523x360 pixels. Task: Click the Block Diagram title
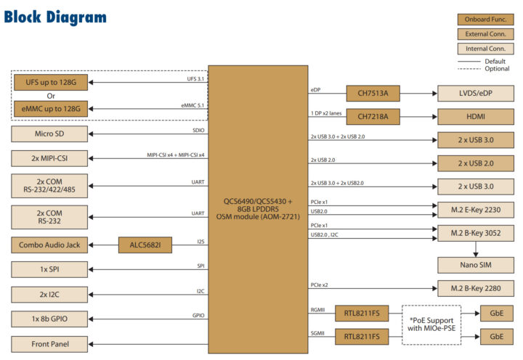55,17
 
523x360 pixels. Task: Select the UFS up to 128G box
50,83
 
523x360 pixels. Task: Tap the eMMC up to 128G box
50,109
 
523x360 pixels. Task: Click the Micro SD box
50,134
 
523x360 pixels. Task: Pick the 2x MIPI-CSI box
50,157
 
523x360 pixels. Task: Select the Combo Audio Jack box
50,245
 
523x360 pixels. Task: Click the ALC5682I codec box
145,245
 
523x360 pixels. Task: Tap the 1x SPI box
50,269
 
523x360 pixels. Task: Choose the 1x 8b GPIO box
50,319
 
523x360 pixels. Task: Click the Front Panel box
50,343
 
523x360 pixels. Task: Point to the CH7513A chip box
373,94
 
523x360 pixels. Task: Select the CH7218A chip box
373,116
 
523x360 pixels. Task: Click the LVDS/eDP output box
476,94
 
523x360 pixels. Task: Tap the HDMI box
476,116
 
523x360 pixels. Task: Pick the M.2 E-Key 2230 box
476,209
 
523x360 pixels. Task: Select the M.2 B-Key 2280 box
476,288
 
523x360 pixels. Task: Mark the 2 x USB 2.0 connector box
476,163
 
